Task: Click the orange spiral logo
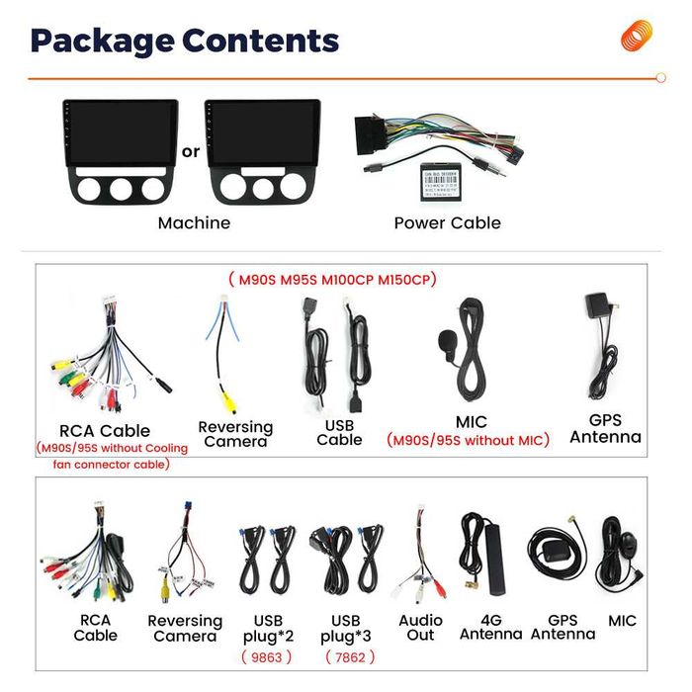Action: click(x=637, y=36)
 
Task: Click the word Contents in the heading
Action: click(x=261, y=41)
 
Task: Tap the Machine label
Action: click(x=194, y=223)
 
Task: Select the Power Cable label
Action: click(x=447, y=223)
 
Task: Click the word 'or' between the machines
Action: click(x=191, y=152)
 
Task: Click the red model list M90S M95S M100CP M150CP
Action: click(x=332, y=280)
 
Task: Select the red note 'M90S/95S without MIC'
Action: click(x=467, y=441)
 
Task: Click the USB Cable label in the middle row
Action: click(x=339, y=432)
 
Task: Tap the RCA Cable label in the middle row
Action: click(x=105, y=431)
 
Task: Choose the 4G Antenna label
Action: click(x=490, y=628)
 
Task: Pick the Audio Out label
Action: click(x=420, y=628)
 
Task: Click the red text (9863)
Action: click(x=267, y=656)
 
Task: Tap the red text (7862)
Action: click(x=350, y=656)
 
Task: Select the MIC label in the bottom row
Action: click(x=623, y=621)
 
